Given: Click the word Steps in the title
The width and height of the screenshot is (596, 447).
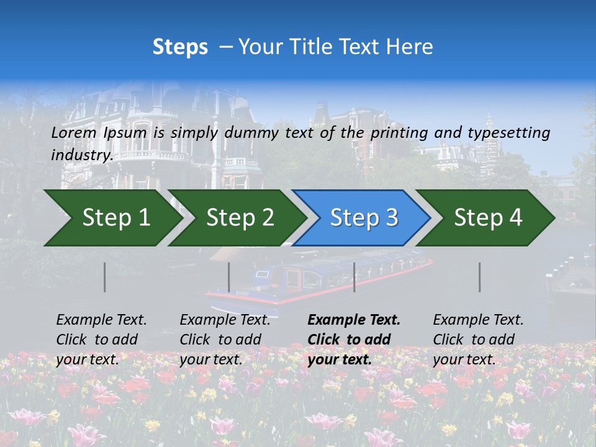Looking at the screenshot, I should tap(180, 47).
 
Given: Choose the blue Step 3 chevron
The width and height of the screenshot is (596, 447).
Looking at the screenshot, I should tap(364, 218).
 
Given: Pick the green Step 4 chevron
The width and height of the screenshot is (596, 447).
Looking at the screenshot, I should tap(488, 218).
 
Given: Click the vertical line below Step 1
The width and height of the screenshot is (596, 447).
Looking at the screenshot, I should tap(105, 277).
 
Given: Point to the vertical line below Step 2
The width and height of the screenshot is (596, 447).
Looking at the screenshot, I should tap(229, 277).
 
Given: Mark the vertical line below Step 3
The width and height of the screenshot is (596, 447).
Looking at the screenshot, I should tap(354, 277).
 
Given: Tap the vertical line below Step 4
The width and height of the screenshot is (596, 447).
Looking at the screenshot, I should tap(479, 277).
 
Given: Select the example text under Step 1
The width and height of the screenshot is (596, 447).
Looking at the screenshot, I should tap(101, 340).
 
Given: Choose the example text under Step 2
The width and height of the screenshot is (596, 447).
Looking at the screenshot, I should tap(225, 340).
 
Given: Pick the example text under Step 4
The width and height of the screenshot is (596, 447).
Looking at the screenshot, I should tap(478, 340).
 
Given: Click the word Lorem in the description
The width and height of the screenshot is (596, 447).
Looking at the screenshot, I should tap(74, 132).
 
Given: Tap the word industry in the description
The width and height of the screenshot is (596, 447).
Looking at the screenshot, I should tap(81, 155).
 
